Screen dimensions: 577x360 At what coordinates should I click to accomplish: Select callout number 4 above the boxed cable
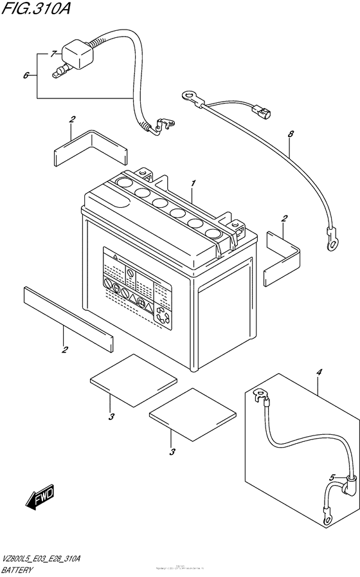pos(318,371)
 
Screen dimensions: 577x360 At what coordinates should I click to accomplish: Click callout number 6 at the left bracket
pos(26,75)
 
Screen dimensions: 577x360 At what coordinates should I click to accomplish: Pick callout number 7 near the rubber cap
pos(53,55)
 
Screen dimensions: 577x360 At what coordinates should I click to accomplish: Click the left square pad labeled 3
pos(132,374)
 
